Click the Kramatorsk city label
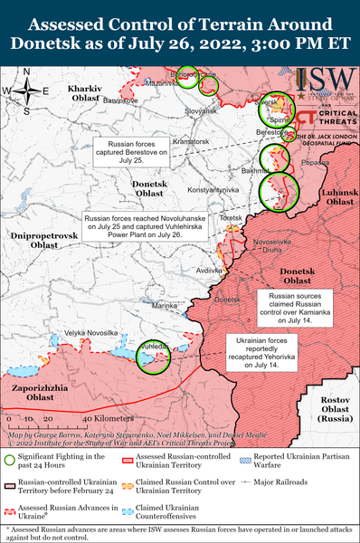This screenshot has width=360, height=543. (x=191, y=142)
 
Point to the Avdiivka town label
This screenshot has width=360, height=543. (x=210, y=271)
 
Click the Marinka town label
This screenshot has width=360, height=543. (x=165, y=307)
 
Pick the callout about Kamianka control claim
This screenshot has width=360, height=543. (x=297, y=306)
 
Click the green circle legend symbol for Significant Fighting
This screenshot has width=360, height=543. (x=10, y=461)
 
